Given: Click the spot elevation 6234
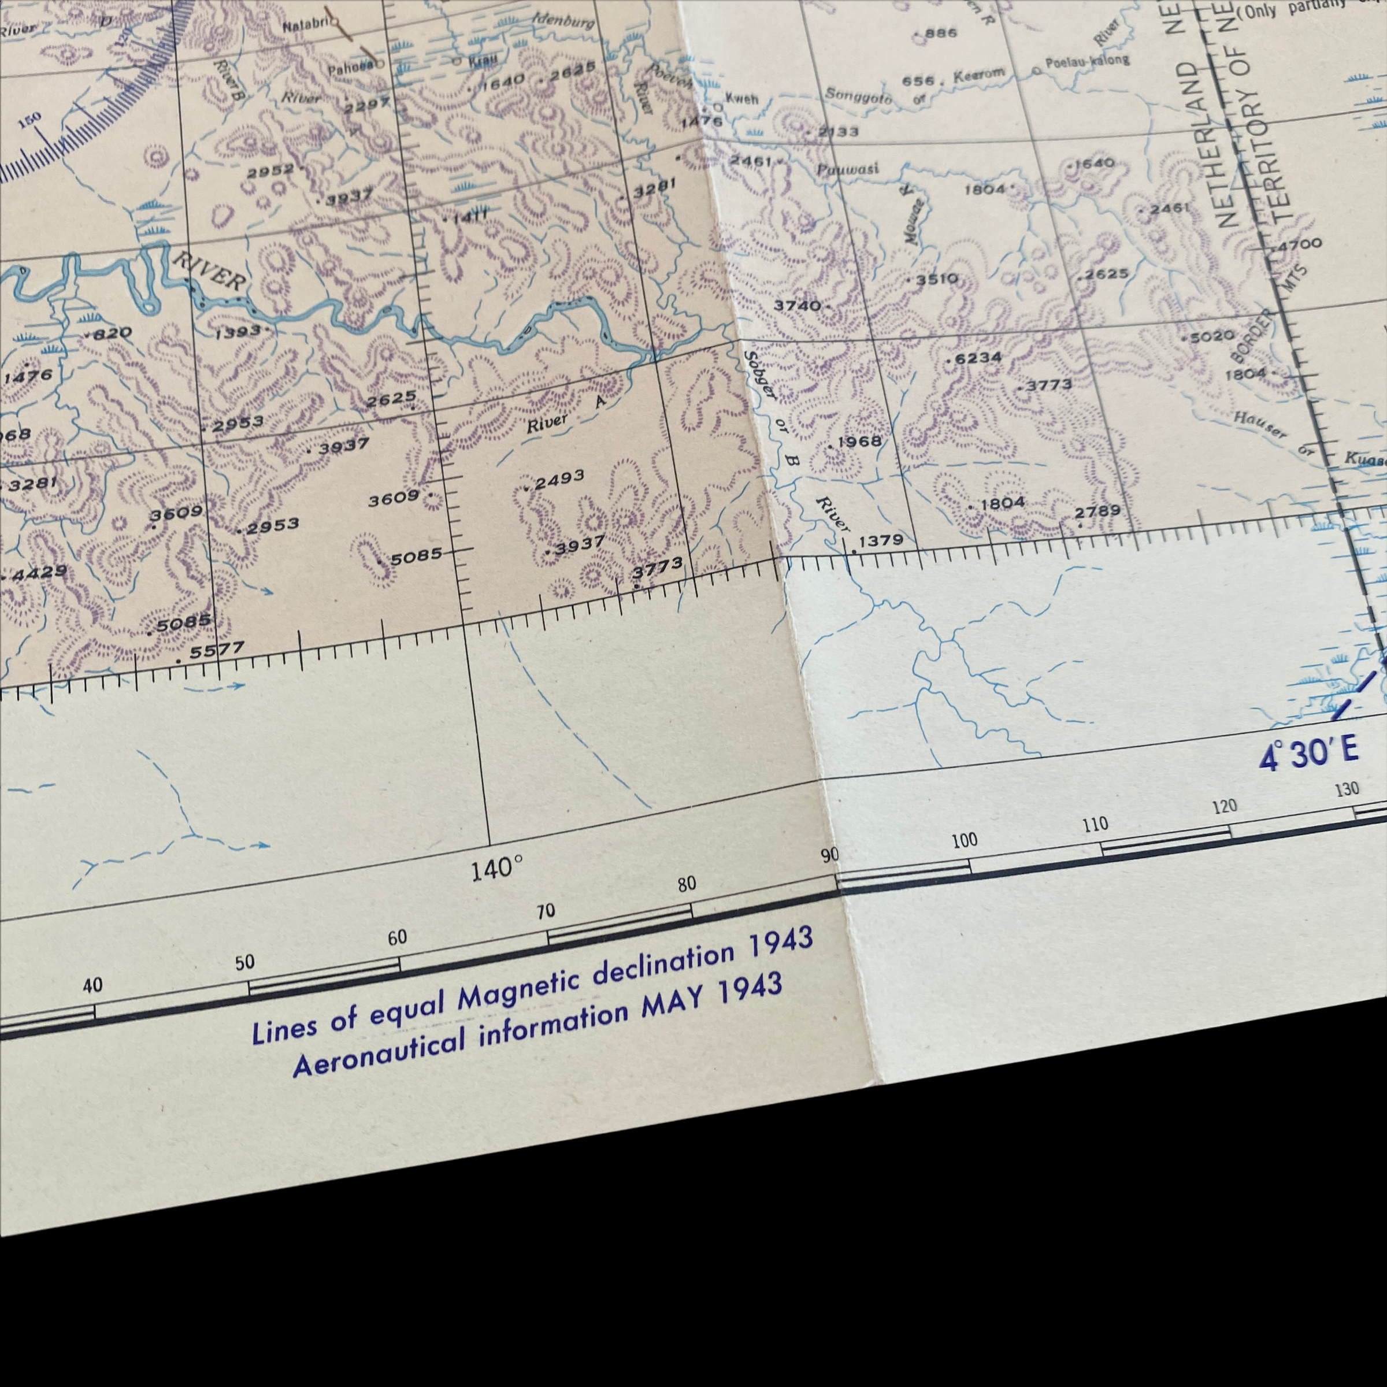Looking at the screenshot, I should [978, 358].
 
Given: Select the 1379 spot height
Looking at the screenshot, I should [881, 540].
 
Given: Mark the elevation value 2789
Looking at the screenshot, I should [1097, 511].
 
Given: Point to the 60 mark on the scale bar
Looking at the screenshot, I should [397, 937].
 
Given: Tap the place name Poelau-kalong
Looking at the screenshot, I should [1087, 61].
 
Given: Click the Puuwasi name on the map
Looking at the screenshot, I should [847, 169].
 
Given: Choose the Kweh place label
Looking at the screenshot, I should [741, 98].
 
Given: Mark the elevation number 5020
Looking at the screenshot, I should [1212, 335].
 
